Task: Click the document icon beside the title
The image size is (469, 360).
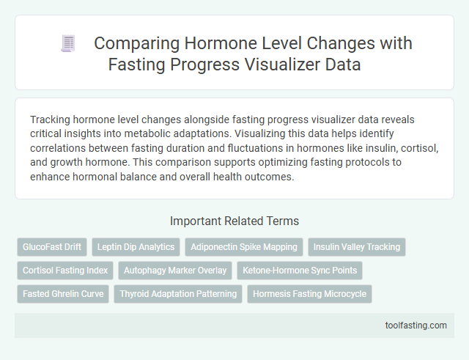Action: pyautogui.click(x=69, y=44)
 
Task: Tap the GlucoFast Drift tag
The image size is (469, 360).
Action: pyautogui.click(x=51, y=247)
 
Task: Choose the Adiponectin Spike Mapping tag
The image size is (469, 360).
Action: pyautogui.click(x=243, y=247)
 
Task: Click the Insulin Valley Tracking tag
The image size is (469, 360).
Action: pyautogui.click(x=357, y=247)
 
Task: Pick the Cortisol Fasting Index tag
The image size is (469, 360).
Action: pyautogui.click(x=64, y=271)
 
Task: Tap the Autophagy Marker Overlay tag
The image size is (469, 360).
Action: pyautogui.click(x=175, y=271)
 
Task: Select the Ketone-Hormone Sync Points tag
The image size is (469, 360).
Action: pyautogui.click(x=300, y=271)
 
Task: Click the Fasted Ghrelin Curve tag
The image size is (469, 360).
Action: pyautogui.click(x=62, y=294)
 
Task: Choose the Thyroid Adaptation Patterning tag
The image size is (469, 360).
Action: pyautogui.click(x=178, y=294)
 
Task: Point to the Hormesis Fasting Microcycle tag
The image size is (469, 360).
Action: pyautogui.click(x=310, y=294)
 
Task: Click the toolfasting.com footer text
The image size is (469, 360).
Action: pyautogui.click(x=416, y=326)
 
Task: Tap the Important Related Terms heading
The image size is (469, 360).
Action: pyautogui.click(x=234, y=221)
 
